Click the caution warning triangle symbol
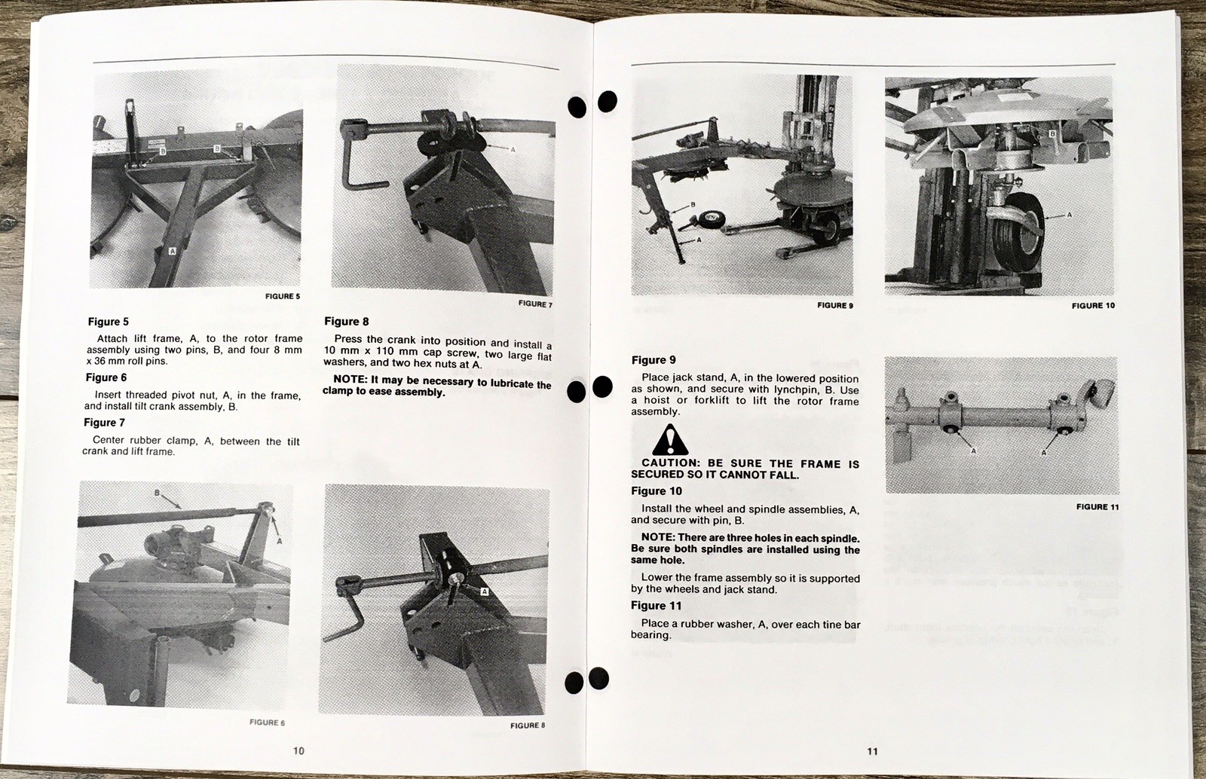pyautogui.click(x=670, y=439)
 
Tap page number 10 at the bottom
pyautogui.click(x=298, y=750)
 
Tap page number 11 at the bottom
pyautogui.click(x=872, y=751)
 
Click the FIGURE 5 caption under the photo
pyautogui.click(x=283, y=296)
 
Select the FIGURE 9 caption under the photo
pyautogui.click(x=835, y=306)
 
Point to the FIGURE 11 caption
pyautogui.click(x=1097, y=507)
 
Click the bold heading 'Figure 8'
pyautogui.click(x=346, y=322)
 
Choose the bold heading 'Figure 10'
pyautogui.click(x=657, y=491)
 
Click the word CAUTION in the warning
pyautogui.click(x=670, y=463)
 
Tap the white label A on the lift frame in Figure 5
pyautogui.click(x=173, y=251)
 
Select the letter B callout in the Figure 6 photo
pyautogui.click(x=157, y=492)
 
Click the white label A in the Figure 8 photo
pyautogui.click(x=484, y=591)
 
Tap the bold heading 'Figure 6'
pyautogui.click(x=106, y=377)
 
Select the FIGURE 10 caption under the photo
pyautogui.click(x=1093, y=306)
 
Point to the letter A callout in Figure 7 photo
pyautogui.click(x=513, y=150)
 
